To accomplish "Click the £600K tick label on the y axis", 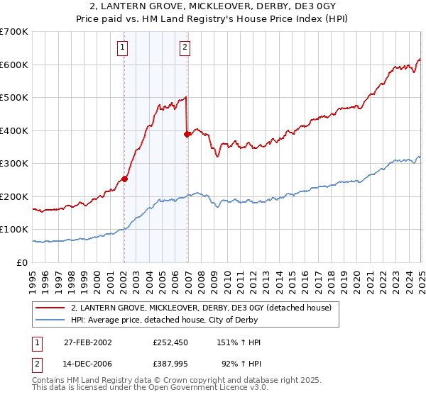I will point(14,65).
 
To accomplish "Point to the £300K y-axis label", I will point(14,163).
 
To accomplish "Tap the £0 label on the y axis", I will point(23,262).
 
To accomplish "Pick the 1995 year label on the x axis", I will point(33,276).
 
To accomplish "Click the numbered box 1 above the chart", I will point(123,47).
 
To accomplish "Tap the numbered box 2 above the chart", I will point(185,47).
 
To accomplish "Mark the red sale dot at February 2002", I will point(124,179).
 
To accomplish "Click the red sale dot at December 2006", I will point(187,134).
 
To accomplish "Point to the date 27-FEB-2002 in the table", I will point(88,342).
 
